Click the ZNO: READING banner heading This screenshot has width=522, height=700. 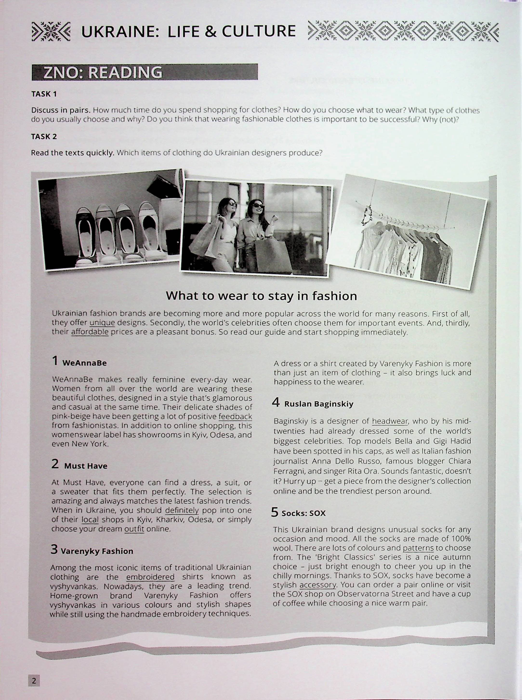103,72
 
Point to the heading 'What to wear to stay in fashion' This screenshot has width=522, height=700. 261,296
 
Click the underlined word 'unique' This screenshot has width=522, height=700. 102,323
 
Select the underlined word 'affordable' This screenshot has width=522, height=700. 90,332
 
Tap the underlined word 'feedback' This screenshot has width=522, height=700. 235,416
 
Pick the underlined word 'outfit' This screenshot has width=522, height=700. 134,529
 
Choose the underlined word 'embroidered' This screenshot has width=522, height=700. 150,577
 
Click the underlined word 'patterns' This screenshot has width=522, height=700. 418,548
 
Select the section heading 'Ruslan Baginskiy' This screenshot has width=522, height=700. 318,404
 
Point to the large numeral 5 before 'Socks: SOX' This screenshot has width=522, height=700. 275,512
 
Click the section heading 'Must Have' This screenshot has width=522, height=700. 86,466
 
